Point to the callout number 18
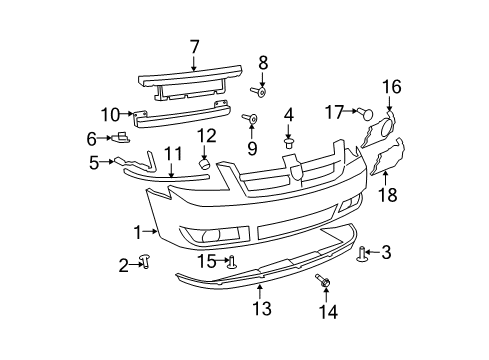point(387,194)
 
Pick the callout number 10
point(109,114)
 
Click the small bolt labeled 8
point(260,92)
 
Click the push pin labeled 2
point(146,262)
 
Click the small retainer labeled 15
point(231,263)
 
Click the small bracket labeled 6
point(121,137)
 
